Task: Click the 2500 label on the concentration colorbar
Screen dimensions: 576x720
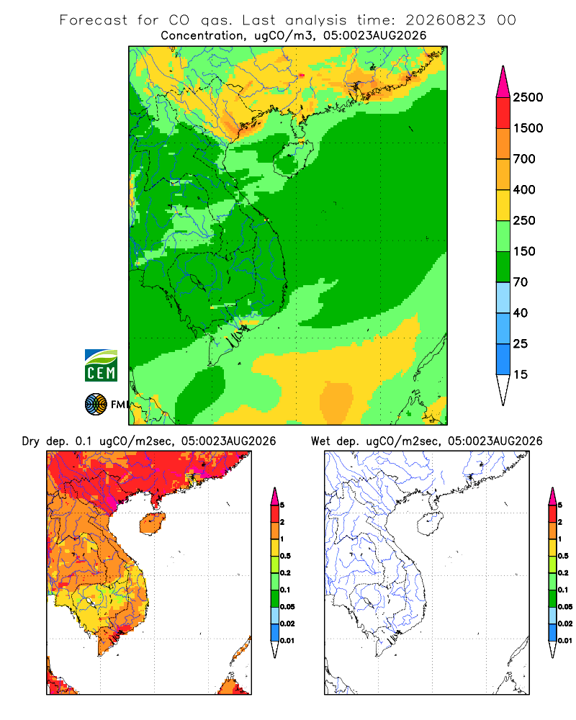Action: (x=528, y=97)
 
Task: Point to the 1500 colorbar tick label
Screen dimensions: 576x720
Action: (x=528, y=128)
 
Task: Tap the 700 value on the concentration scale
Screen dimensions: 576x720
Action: (x=524, y=159)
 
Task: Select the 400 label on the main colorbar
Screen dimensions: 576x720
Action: (x=524, y=189)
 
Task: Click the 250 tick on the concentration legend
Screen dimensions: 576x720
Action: (x=524, y=220)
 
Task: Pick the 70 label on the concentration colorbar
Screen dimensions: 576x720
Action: (x=521, y=282)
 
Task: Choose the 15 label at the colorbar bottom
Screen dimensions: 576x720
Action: (x=521, y=374)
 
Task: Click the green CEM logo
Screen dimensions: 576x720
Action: (x=101, y=366)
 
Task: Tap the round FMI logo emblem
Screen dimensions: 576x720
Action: (x=96, y=405)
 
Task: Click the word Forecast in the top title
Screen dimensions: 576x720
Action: (x=94, y=20)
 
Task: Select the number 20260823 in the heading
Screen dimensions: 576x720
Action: (x=445, y=20)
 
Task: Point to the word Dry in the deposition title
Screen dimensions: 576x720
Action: (x=30, y=441)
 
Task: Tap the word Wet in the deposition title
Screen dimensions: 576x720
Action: (x=320, y=441)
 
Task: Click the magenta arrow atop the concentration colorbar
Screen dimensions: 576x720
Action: (x=503, y=82)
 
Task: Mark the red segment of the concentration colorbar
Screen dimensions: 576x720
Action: (x=503, y=113)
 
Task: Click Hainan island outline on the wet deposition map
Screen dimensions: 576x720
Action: (x=430, y=523)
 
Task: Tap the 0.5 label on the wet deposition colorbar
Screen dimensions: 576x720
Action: (x=563, y=556)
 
